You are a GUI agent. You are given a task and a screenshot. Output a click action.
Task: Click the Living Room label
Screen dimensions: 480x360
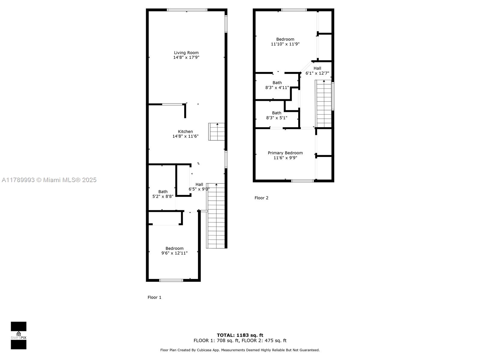186,53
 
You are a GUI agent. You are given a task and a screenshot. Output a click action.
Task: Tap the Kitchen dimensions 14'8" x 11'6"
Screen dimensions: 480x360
185,136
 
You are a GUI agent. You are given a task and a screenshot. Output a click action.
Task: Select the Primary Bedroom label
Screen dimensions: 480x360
285,153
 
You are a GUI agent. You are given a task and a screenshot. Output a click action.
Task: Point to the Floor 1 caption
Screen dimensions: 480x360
154,297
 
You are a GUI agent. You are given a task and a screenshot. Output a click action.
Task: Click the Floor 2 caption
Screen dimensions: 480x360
261,198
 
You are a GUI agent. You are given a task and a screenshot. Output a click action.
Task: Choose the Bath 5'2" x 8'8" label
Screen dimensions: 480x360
163,194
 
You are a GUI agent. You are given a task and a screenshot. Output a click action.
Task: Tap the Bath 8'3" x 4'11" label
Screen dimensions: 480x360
277,85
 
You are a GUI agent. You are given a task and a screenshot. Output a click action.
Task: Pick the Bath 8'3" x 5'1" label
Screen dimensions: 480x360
277,115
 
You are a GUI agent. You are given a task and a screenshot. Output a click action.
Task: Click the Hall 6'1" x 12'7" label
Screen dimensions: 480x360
317,70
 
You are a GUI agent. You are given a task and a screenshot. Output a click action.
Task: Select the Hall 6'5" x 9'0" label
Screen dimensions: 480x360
199,187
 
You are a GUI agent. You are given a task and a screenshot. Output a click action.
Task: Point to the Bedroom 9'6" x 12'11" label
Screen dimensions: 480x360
174,250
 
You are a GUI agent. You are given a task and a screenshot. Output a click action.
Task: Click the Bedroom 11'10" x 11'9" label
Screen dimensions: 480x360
285,41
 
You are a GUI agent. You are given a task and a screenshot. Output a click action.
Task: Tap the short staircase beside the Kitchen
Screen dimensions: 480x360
217,132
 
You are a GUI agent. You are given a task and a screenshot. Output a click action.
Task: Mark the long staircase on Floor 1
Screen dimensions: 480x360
215,216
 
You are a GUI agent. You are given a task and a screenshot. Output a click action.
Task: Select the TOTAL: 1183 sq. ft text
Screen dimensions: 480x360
240,335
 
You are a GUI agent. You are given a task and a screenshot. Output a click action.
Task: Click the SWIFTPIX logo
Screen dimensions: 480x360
19,335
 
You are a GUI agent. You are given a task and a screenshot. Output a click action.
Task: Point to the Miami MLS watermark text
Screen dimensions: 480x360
49,180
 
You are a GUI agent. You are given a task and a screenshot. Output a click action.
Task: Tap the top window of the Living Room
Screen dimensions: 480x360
187,10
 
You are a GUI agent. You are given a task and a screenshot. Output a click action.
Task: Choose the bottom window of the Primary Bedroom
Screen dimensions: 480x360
303,181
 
